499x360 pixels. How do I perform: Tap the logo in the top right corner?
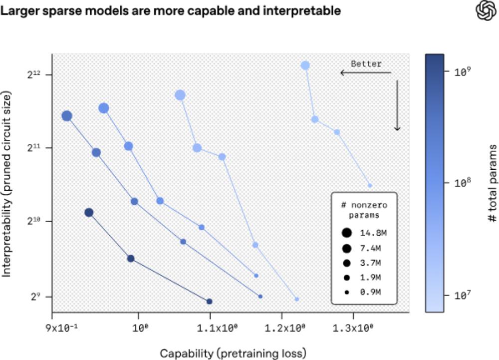click(485, 11)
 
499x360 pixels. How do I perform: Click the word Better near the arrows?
click(366, 64)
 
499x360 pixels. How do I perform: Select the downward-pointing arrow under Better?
click(397, 105)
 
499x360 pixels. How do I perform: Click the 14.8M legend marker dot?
click(346, 232)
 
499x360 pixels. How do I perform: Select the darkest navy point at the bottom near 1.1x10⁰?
click(210, 302)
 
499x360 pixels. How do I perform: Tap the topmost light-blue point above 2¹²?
click(305, 65)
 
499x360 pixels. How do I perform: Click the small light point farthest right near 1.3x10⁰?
click(370, 185)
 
